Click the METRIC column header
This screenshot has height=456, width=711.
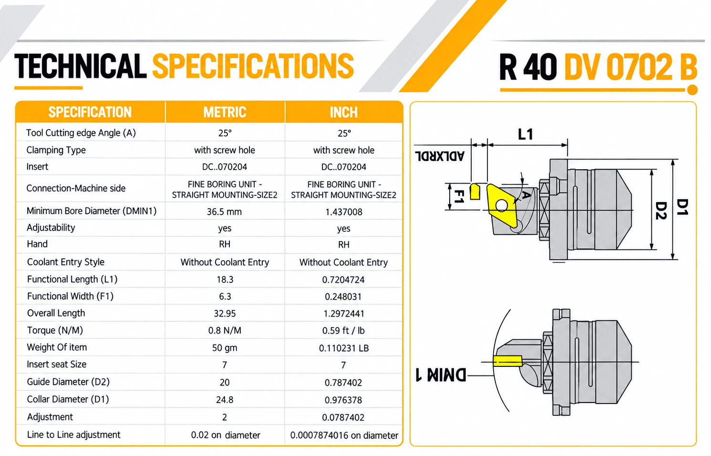pos(225,112)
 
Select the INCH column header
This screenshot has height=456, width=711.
pos(344,112)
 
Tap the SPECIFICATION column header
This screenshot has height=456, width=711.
pos(90,112)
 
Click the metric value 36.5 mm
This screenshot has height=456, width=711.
pos(225,212)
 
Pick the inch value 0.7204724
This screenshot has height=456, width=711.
pos(343,280)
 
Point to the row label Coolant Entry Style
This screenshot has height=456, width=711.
pos(66,262)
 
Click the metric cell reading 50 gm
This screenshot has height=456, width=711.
pos(225,348)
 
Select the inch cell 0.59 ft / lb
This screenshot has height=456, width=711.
pos(343,331)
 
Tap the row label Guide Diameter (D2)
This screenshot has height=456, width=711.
pos(68,382)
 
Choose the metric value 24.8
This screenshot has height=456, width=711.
pos(225,400)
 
